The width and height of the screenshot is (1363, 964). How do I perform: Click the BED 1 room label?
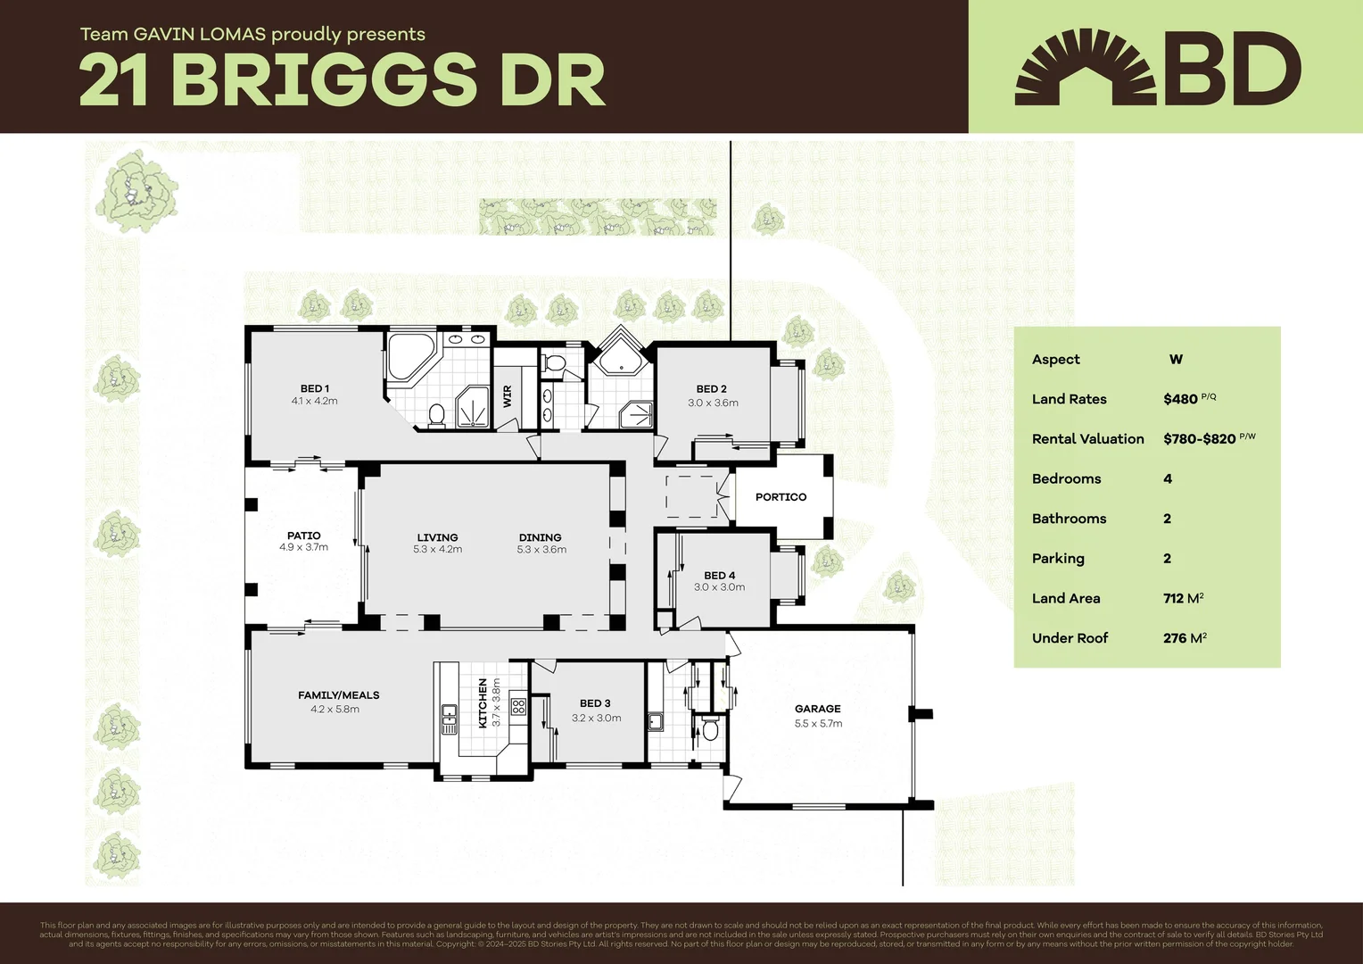tap(314, 388)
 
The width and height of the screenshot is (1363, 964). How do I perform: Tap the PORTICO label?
tap(781, 497)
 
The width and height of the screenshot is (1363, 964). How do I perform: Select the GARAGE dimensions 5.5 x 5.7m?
tap(818, 724)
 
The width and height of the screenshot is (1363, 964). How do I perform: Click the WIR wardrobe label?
tap(508, 395)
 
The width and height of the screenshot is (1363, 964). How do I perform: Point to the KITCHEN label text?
tap(483, 702)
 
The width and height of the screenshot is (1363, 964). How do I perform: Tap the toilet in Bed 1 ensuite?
tap(436, 415)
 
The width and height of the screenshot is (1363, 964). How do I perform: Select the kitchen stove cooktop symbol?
tap(518, 708)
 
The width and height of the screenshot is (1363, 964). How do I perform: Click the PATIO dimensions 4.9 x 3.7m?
tap(303, 547)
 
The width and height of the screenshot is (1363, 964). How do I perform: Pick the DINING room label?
tap(540, 537)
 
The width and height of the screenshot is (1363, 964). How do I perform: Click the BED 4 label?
tap(719, 576)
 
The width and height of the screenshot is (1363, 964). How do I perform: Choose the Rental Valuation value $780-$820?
tap(1199, 439)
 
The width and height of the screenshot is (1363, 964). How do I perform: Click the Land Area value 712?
tap(1173, 599)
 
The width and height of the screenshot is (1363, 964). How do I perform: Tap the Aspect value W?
tap(1176, 360)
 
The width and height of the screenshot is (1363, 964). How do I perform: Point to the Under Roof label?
tap(1070, 638)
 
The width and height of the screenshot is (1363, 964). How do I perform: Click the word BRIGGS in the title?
tap(324, 80)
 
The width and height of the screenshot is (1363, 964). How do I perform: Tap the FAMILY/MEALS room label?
tap(338, 695)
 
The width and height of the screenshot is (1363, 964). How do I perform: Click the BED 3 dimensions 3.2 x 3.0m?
tap(596, 718)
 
